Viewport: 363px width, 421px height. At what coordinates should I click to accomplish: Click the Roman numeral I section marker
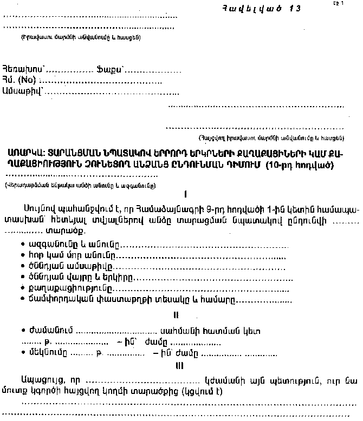(x=185, y=193)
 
